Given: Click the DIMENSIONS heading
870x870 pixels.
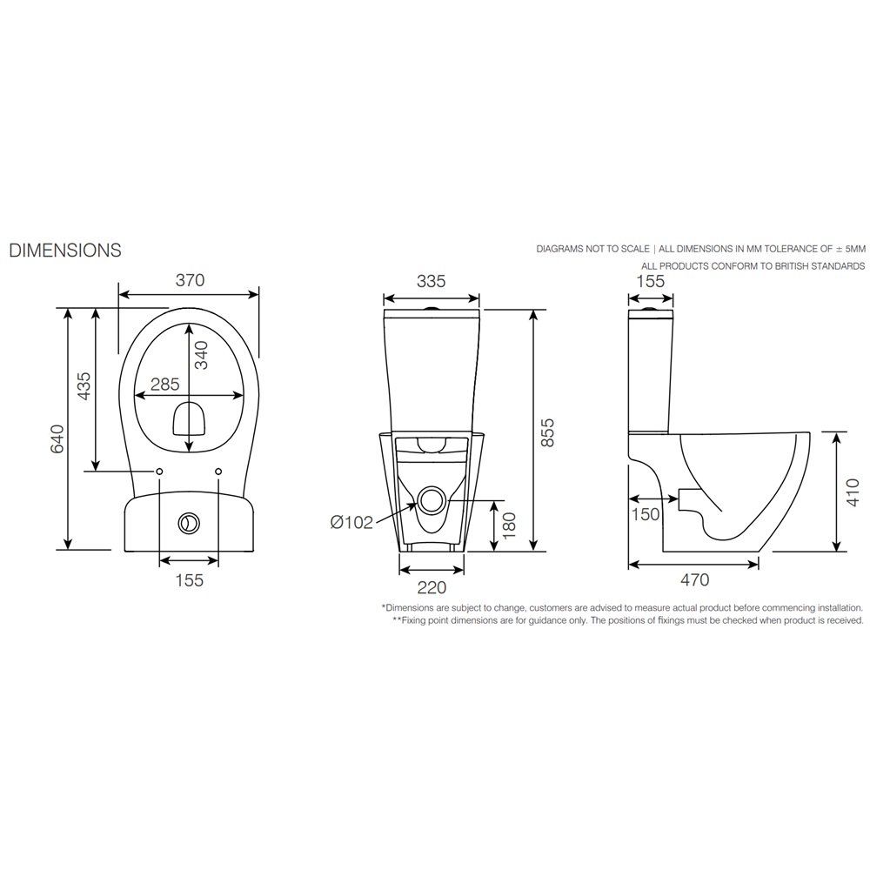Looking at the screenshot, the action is pos(65,251).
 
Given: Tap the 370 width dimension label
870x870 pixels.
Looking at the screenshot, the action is pos(190,280).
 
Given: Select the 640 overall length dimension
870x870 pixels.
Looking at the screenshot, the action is pos(57,438).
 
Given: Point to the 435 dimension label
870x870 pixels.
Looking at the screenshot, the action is pos(84,385).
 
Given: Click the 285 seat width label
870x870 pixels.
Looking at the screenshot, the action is pos(164,384).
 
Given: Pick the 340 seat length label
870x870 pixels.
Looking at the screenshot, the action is pos(200,356).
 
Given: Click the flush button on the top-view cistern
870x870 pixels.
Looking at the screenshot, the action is pos(189,524).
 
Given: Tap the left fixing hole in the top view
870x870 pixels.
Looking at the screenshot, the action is pos(160,471).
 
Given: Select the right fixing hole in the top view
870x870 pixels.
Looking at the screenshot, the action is pos(218,471).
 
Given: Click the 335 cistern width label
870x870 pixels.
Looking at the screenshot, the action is pos(432,281).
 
